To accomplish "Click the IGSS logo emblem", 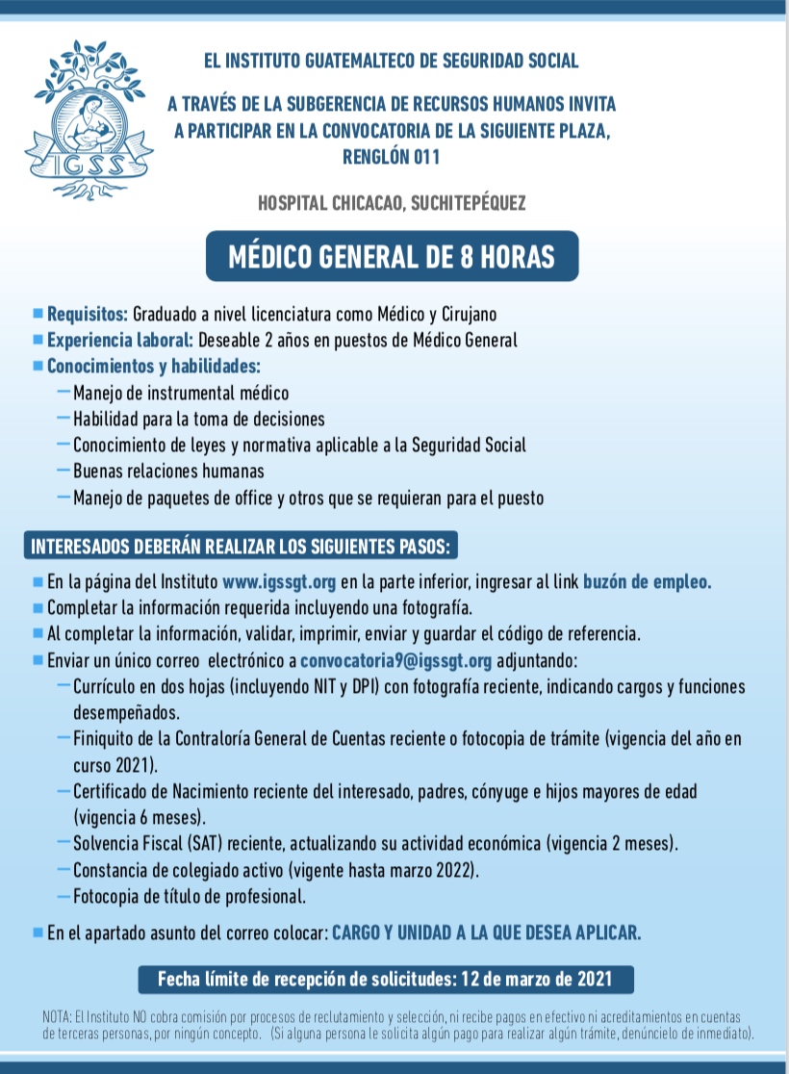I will click(89, 121).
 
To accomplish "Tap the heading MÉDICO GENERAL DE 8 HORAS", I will click(392, 257).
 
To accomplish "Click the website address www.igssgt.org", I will click(278, 581).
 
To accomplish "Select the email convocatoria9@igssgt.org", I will click(396, 660).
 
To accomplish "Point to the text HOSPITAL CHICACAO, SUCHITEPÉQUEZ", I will click(392, 202).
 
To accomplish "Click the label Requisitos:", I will click(88, 314).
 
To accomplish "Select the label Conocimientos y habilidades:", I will click(154, 367).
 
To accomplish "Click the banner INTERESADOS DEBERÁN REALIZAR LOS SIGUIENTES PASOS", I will click(241, 548).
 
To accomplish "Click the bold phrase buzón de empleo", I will click(647, 581).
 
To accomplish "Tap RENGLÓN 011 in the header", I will click(392, 156).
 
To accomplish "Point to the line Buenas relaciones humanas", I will click(168, 472).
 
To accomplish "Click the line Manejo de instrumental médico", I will click(181, 393).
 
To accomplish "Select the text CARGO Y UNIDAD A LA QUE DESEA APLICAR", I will click(486, 933).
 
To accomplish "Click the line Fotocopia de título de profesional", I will click(190, 897).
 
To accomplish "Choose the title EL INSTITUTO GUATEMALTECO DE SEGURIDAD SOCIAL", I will click(392, 62).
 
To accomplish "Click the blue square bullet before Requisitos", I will click(38, 314).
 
